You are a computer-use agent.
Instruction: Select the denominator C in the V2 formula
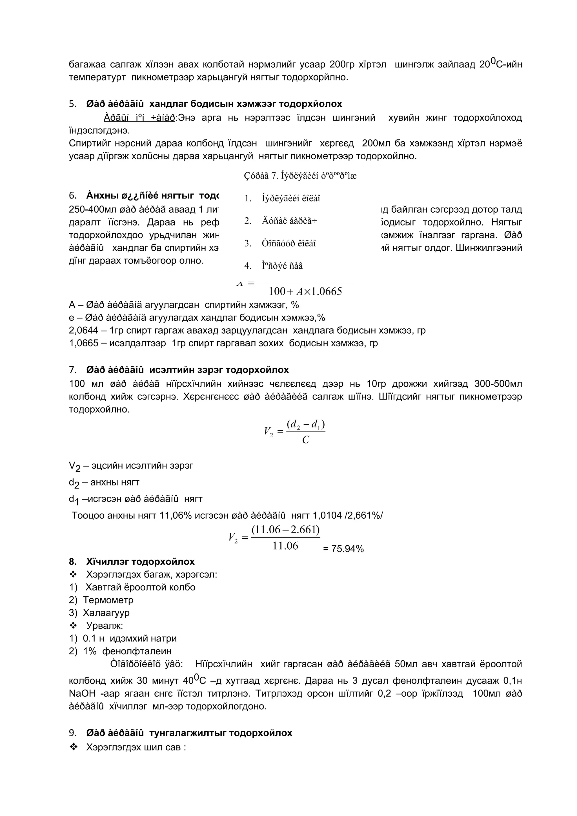305,440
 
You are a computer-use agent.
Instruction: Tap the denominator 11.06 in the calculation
285,546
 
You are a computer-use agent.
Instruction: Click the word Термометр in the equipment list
108,600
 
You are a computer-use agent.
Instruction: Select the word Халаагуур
106,613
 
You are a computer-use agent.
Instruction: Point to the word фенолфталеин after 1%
137,651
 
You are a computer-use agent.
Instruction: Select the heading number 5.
72,104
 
